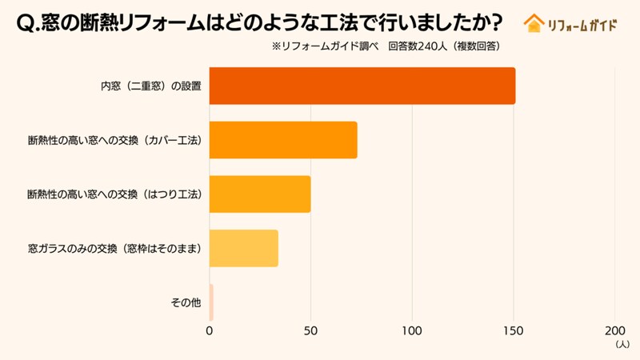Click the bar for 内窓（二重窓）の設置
(362, 86)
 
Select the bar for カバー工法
(283, 140)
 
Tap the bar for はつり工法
(260, 194)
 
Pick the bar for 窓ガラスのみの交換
(244, 248)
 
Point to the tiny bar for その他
(211, 302)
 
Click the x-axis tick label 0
(210, 330)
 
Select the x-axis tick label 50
(310, 330)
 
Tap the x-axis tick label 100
(412, 330)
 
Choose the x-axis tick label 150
(514, 330)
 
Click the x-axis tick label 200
(614, 330)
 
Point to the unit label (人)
(622, 344)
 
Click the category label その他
(186, 302)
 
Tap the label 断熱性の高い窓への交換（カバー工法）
(114, 140)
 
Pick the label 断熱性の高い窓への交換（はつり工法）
(114, 194)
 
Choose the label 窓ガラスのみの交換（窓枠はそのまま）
(114, 248)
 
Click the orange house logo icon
(533, 23)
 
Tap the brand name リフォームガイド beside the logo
(582, 24)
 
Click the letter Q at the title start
(25, 24)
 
